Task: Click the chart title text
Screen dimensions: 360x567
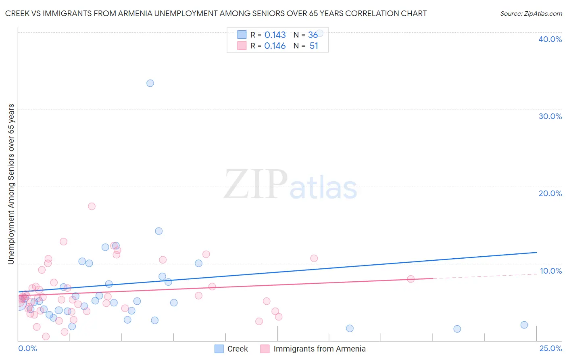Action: coord(216,13)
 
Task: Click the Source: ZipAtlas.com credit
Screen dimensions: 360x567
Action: coord(531,13)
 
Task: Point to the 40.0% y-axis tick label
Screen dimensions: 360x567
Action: coord(550,39)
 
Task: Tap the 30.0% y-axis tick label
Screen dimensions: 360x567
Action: coord(550,116)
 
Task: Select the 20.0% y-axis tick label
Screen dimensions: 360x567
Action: coord(550,193)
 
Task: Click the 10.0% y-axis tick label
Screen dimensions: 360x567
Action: coord(550,271)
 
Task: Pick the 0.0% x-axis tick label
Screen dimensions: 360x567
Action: coord(27,348)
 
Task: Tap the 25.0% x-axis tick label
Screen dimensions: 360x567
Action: coord(550,348)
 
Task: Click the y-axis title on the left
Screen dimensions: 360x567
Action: coord(11,184)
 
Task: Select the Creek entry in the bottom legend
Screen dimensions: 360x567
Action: coord(231,349)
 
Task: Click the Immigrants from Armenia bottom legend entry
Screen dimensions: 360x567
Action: coord(313,349)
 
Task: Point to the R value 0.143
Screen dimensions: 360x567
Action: coord(275,35)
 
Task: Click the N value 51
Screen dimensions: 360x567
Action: coord(314,46)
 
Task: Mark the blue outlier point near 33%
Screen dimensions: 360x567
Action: coord(150,83)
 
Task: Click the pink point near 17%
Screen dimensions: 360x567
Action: coord(92,206)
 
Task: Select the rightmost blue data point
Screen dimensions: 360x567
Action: coord(524,325)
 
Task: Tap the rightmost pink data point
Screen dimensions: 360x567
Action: coord(411,279)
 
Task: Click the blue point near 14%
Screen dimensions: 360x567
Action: coord(159,231)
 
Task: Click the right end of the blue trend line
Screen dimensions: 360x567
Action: coord(536,252)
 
